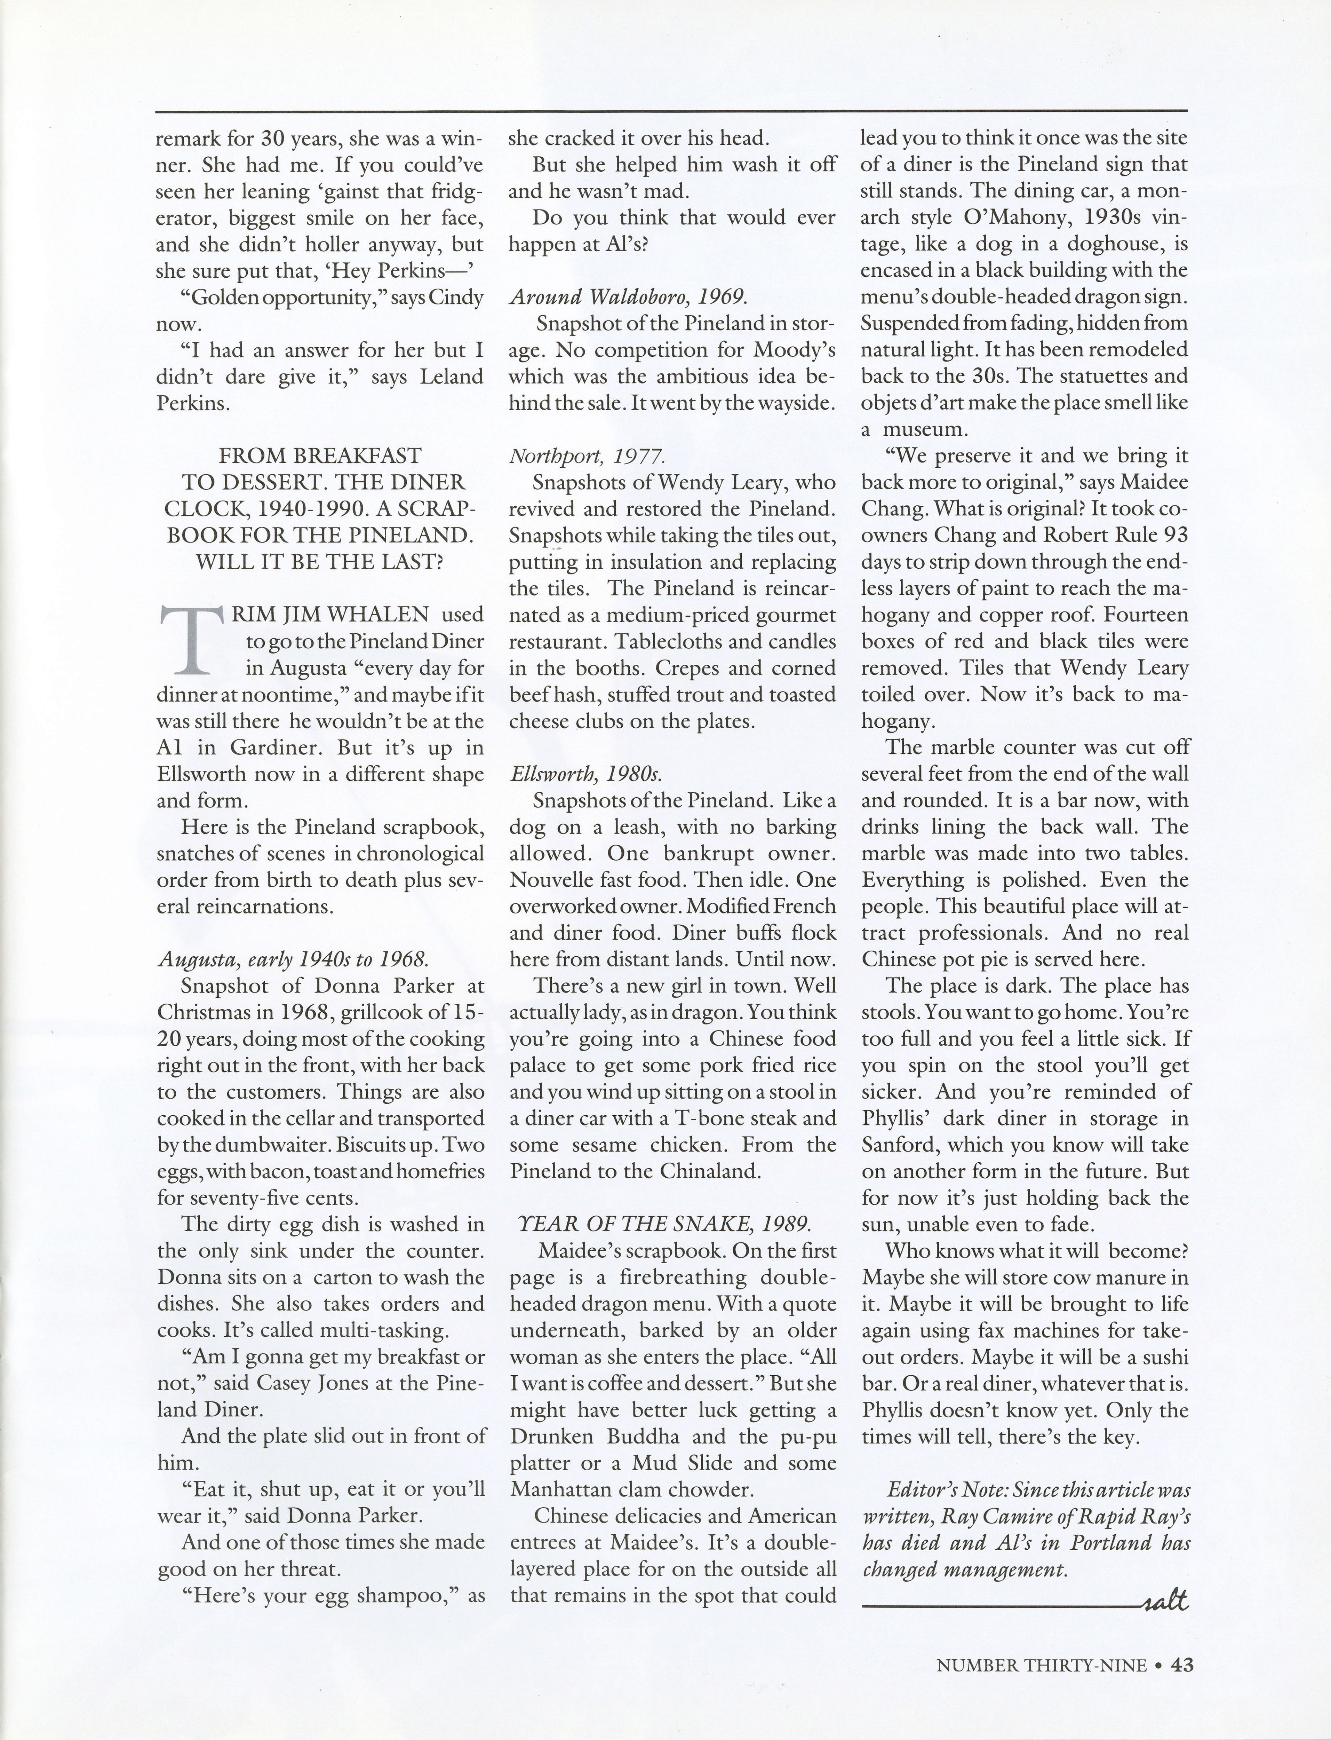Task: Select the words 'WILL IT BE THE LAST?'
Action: (x=319, y=562)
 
